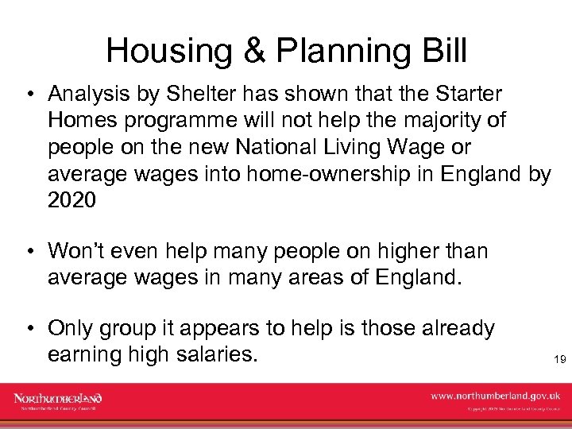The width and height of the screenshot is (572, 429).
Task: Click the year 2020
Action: coord(71,200)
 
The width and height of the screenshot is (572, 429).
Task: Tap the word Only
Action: coord(71,328)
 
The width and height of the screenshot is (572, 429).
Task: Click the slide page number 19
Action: coord(559,361)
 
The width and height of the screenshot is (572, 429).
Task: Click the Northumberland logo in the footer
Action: coord(58,400)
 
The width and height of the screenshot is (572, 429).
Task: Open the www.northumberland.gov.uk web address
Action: coord(496,396)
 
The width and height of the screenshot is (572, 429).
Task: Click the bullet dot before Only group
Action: coord(29,329)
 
